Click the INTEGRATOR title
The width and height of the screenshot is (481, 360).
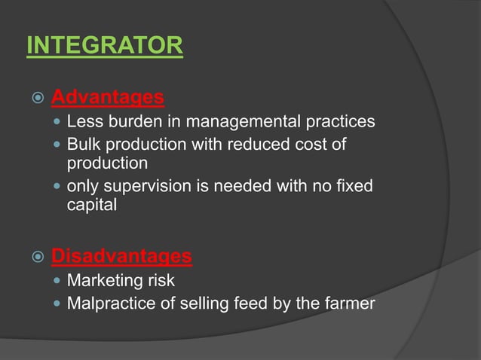click(104, 45)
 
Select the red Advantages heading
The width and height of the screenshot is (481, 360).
click(107, 97)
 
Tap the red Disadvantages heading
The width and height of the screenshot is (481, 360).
click(121, 256)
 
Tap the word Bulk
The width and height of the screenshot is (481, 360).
click(83, 143)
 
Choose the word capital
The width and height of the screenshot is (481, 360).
click(91, 205)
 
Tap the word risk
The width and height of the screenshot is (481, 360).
click(160, 281)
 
